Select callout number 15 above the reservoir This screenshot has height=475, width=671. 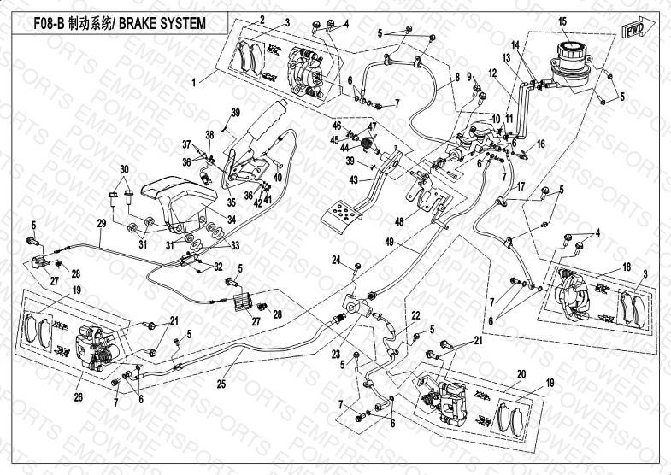(x=562, y=21)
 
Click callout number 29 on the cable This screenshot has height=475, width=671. (x=101, y=223)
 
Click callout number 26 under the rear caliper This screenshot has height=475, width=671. (x=79, y=396)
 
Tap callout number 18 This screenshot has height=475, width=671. (x=627, y=267)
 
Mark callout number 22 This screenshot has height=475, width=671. (x=415, y=315)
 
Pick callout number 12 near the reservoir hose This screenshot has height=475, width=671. (x=491, y=73)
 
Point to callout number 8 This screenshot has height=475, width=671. (x=457, y=78)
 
